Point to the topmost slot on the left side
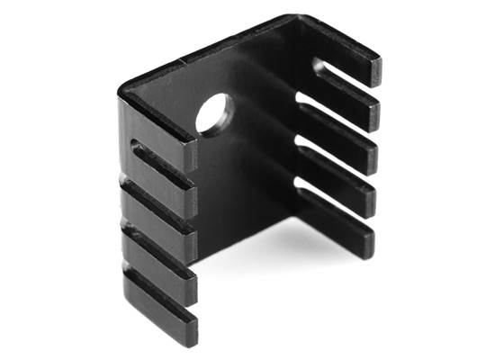pos(162,162)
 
